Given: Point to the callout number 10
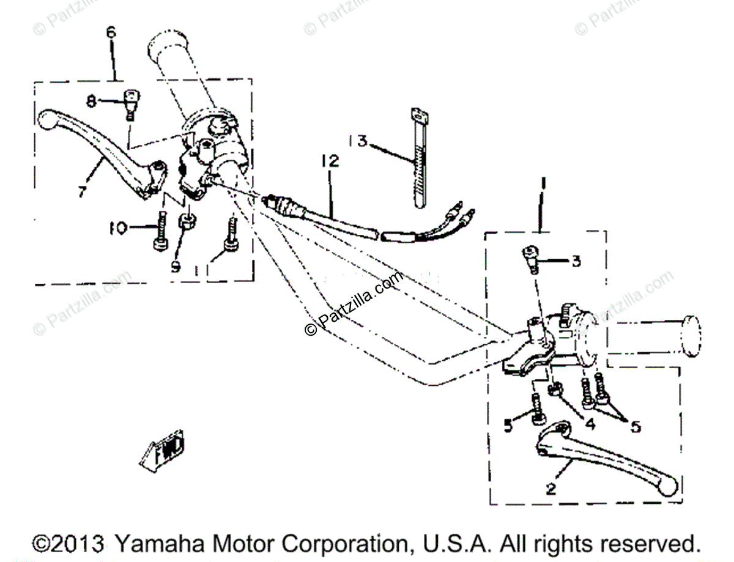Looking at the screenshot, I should point(117,229).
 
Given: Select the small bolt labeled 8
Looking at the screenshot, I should point(131,102).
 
